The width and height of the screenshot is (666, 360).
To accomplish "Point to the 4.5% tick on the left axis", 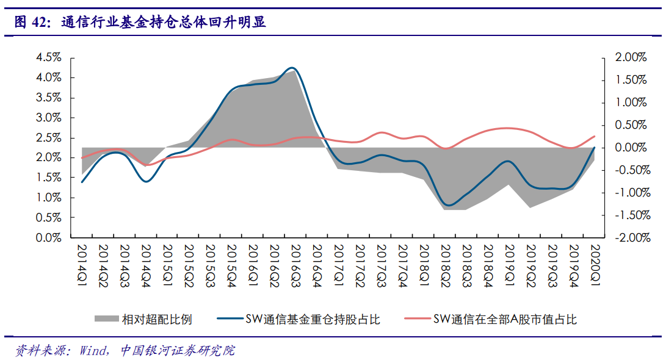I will coord(49,57).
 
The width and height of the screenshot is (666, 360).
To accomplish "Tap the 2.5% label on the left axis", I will coord(49,138).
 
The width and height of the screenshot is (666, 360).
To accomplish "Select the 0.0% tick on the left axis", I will coord(49,238).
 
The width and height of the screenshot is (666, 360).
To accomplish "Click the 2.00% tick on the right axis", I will coord(631,57).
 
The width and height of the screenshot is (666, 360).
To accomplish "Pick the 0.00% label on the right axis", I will coord(631,148).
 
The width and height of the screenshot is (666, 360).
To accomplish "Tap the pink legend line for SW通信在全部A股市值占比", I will coord(416,319).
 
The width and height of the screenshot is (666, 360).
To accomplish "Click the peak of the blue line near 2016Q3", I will coord(292,68).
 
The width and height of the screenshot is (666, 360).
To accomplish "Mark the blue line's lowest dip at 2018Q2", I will coord(448,205).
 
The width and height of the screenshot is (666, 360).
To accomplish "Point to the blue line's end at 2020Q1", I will coord(595,148).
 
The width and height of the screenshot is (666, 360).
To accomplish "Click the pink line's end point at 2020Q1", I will coord(595,136).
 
